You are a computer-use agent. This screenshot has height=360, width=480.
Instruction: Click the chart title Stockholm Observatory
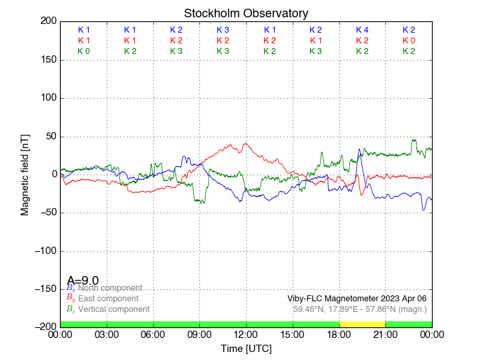[246, 13]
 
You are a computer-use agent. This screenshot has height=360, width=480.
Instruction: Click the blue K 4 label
[362, 30]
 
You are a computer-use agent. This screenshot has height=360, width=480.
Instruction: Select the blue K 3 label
[223, 30]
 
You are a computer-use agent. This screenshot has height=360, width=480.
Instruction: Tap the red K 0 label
[409, 41]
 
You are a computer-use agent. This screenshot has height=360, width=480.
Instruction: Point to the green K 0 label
[83, 51]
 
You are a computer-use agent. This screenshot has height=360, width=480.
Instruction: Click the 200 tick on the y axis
[47, 21]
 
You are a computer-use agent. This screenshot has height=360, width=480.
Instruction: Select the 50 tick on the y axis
[49, 137]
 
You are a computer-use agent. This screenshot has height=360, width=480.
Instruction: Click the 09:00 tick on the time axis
[199, 334]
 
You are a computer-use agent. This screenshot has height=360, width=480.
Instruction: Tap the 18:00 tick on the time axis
[339, 334]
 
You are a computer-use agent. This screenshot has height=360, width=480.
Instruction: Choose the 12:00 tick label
[246, 334]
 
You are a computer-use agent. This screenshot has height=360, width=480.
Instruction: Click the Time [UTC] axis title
[246, 349]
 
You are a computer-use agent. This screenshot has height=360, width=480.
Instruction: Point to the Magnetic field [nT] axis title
[25, 174]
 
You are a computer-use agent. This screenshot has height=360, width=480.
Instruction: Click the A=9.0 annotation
[83, 281]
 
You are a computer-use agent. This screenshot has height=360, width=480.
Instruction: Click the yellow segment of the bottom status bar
[362, 323]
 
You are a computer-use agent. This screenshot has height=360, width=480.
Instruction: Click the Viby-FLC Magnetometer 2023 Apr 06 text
[357, 299]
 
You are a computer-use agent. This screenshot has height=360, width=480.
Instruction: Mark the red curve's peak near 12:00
[246, 143]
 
